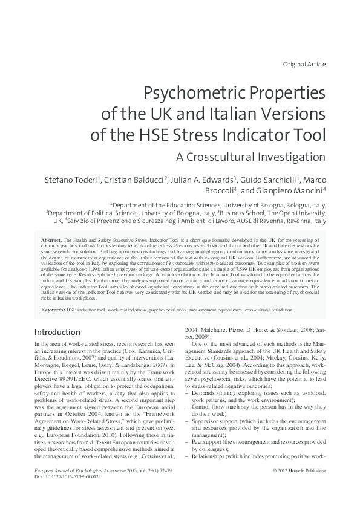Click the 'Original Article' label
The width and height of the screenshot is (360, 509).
304,64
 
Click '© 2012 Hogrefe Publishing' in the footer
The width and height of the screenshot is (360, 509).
299,470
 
